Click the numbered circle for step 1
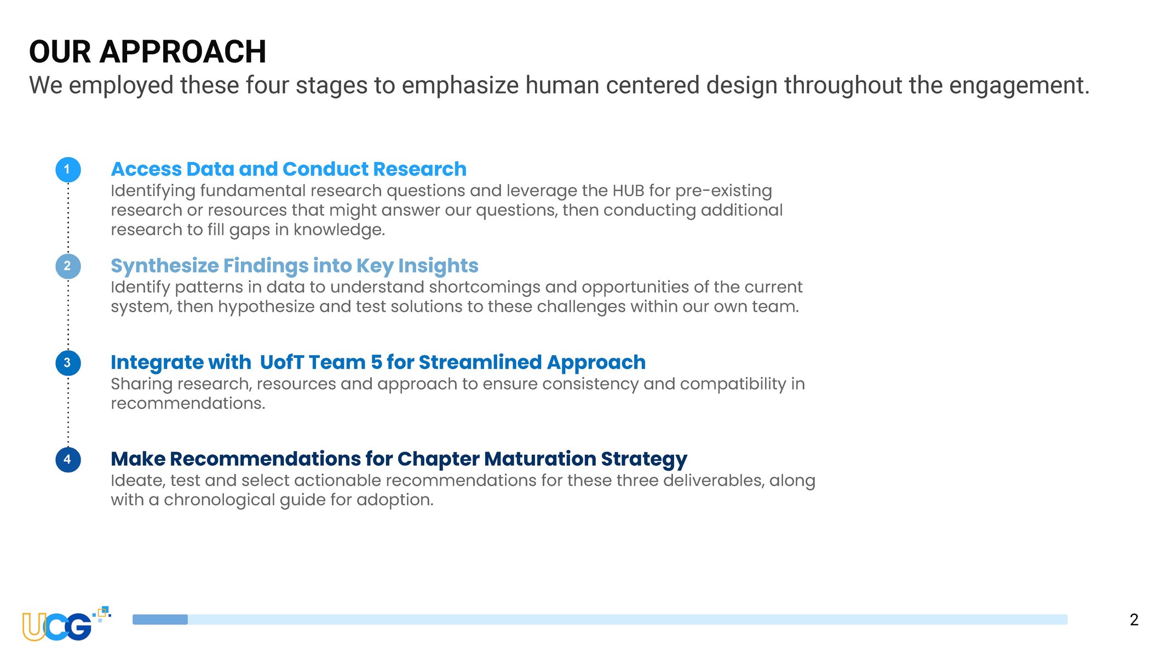[68, 169]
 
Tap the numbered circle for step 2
[68, 266]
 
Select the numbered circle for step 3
[68, 363]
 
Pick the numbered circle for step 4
[68, 459]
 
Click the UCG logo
[66, 624]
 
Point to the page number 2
[1134, 620]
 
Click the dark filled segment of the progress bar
[160, 620]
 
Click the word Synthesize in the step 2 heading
[165, 266]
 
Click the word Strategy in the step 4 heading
[644, 459]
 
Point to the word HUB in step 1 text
[628, 191]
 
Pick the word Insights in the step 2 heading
[438, 266]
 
